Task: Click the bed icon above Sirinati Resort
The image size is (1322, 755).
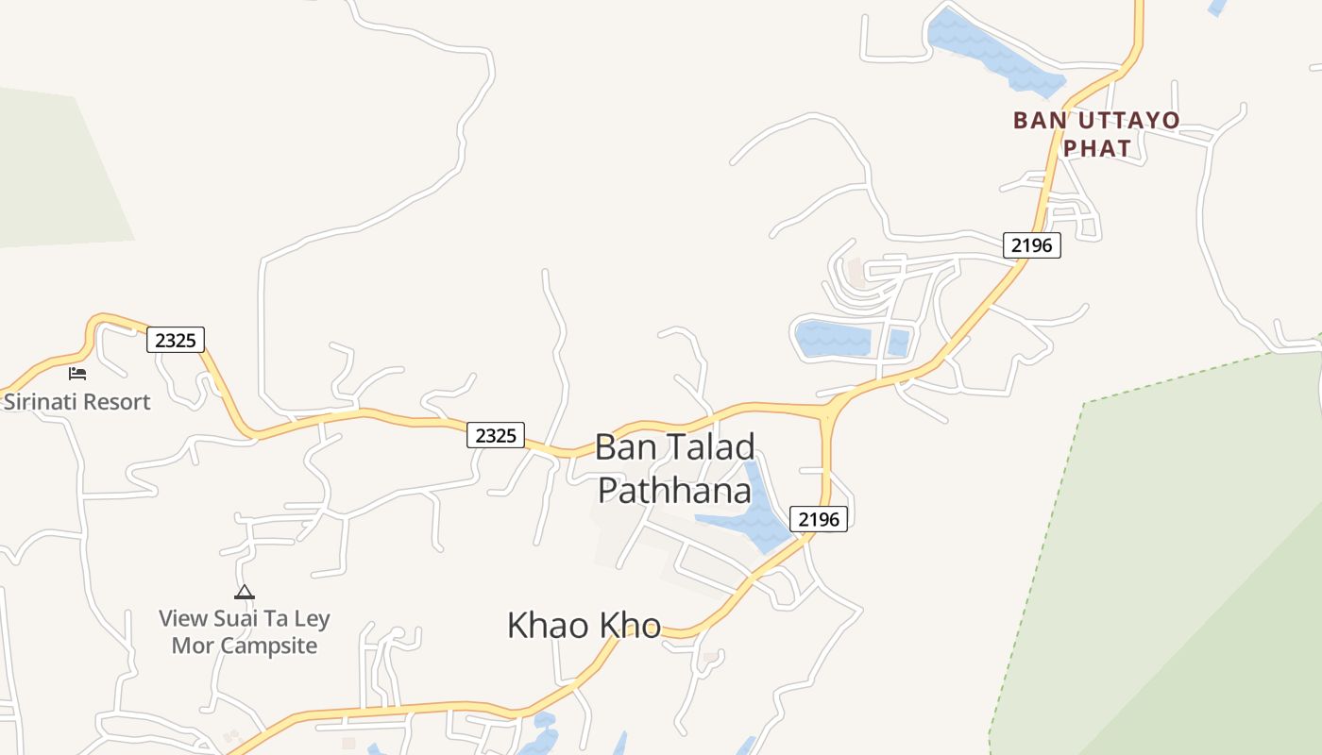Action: pos(77,374)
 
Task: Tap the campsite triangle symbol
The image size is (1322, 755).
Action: pos(245,592)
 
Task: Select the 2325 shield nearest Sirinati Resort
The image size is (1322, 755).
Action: pos(176,340)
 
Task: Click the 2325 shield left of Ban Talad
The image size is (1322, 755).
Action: pos(496,435)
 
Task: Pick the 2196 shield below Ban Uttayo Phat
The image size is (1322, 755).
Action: pos(1031,245)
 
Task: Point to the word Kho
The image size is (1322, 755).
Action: pos(632,625)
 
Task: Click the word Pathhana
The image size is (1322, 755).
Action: pos(675,491)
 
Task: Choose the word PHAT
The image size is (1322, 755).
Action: pos(1097,148)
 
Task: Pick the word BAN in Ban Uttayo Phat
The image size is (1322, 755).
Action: pos(1035,121)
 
